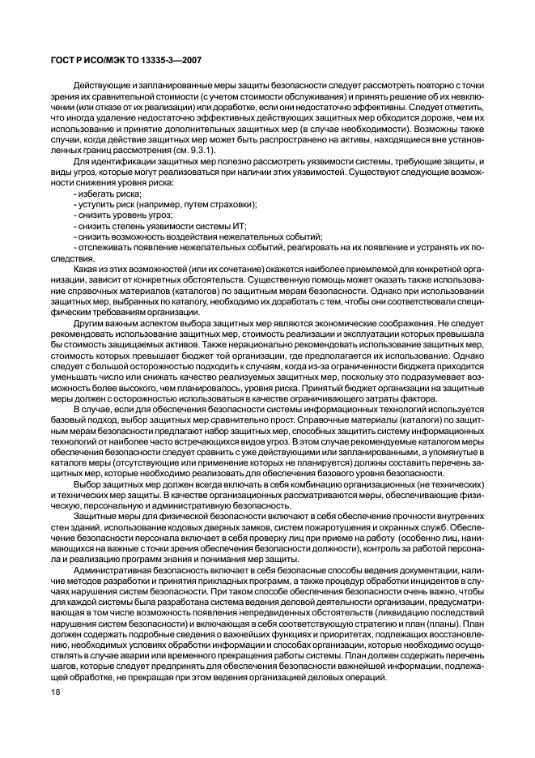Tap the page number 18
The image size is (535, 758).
pyautogui.click(x=57, y=717)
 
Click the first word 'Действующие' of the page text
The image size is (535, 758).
pyautogui.click(x=99, y=85)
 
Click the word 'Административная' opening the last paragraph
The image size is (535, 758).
pyautogui.click(x=109, y=571)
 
